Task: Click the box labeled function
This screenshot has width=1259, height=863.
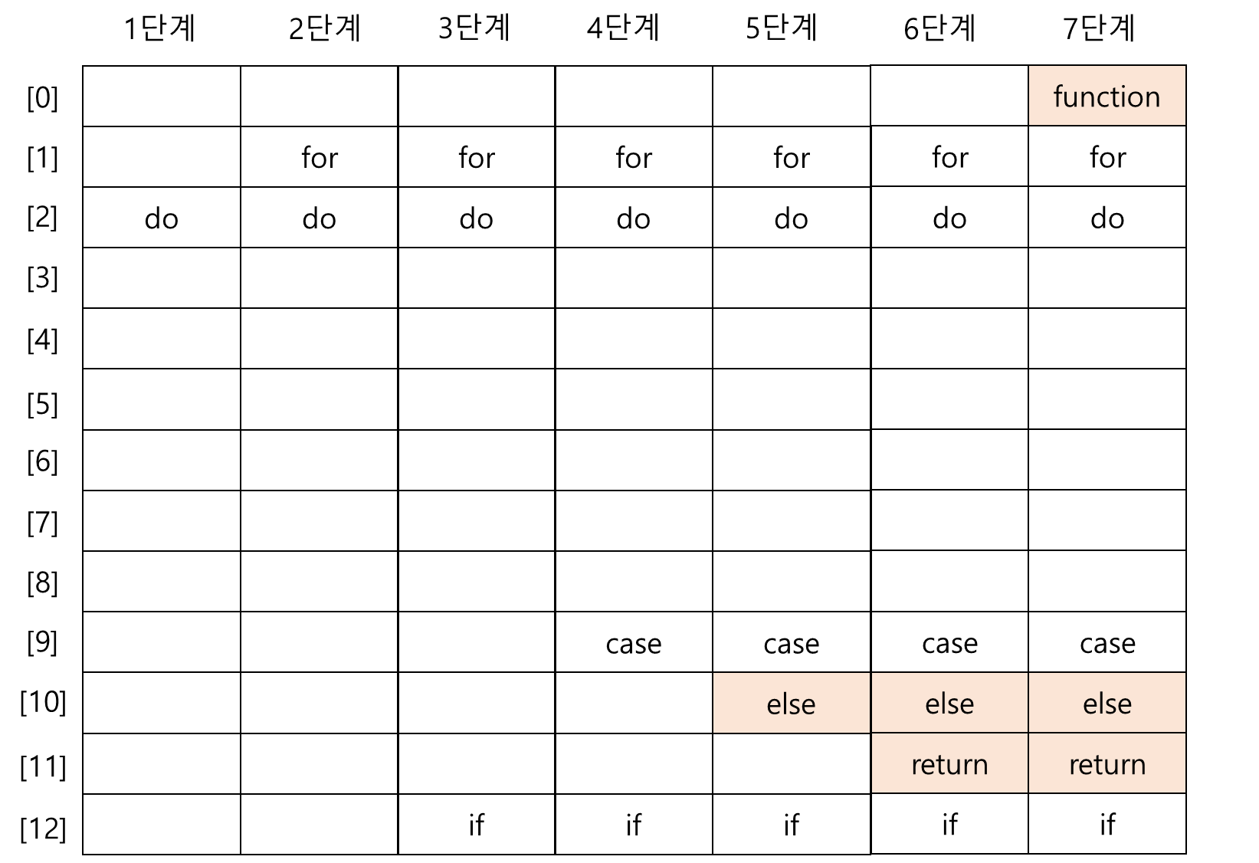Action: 1107,95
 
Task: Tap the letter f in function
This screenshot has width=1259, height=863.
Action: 1058,96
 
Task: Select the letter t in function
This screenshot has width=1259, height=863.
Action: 1112,97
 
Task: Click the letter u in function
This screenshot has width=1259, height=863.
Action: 1070,98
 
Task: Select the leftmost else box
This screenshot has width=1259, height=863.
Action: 791,703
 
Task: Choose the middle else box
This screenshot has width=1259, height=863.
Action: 949,703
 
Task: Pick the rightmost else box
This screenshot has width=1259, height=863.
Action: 1107,703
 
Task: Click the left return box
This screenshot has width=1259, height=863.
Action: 949,763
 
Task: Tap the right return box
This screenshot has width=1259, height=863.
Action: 1107,763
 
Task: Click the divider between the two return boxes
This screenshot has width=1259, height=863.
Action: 1028,763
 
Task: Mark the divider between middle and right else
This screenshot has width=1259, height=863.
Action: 1028,703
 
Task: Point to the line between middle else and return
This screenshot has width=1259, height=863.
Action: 949,733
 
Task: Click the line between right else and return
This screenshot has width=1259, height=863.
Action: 1107,733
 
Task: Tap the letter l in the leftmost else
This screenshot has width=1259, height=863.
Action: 785,703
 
